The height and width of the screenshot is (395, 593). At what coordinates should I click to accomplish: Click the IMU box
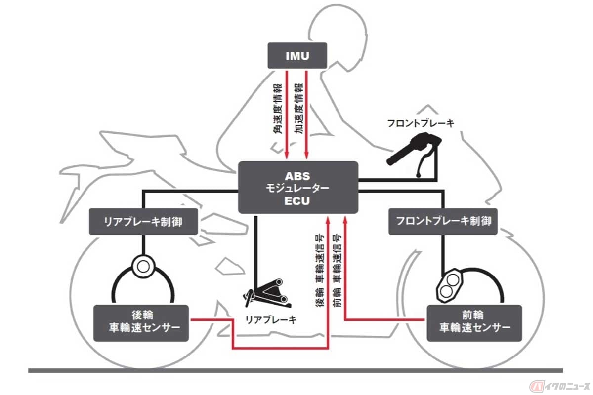click(x=297, y=56)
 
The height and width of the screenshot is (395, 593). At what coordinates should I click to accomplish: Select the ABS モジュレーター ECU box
click(x=298, y=187)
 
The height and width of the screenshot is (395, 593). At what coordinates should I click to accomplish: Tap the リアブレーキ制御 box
click(x=143, y=221)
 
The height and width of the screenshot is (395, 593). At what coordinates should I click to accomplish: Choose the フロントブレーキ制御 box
click(x=443, y=221)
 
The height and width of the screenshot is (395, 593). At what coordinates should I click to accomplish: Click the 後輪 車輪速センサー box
click(x=141, y=323)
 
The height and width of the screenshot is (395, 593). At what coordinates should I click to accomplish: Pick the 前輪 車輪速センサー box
click(x=474, y=323)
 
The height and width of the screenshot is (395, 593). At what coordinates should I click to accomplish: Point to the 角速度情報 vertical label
click(x=277, y=109)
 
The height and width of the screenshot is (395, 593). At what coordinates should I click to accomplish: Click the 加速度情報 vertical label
click(x=299, y=109)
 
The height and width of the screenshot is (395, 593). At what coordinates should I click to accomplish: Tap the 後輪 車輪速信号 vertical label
click(x=320, y=271)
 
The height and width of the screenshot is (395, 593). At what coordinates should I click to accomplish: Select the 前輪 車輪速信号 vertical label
click(x=337, y=271)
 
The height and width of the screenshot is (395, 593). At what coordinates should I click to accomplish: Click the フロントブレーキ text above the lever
click(x=421, y=123)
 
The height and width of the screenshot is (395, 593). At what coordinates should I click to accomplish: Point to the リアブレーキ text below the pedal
click(x=271, y=320)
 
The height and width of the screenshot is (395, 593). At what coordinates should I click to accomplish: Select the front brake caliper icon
click(x=449, y=285)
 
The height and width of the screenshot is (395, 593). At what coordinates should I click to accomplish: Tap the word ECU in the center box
click(x=297, y=201)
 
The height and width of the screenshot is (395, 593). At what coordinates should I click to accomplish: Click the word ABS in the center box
click(x=297, y=176)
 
